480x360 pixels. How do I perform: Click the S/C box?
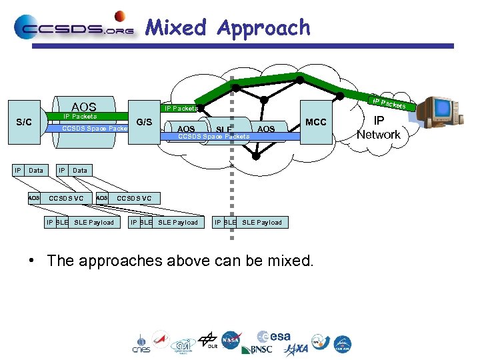tap(24, 122)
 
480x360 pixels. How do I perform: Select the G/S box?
tap(144, 122)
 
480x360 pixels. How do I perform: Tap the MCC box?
tap(315, 122)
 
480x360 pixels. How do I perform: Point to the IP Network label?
tap(378, 128)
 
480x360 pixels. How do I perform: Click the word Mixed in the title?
tap(176, 27)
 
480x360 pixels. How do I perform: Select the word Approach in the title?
tap(264, 28)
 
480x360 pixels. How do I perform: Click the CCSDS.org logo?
tap(74, 27)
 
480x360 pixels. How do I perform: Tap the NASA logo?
tap(231, 340)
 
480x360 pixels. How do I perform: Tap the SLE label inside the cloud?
tap(224, 129)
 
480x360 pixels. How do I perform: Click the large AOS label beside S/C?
tap(84, 107)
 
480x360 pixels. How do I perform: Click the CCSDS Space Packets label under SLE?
tap(213, 137)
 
